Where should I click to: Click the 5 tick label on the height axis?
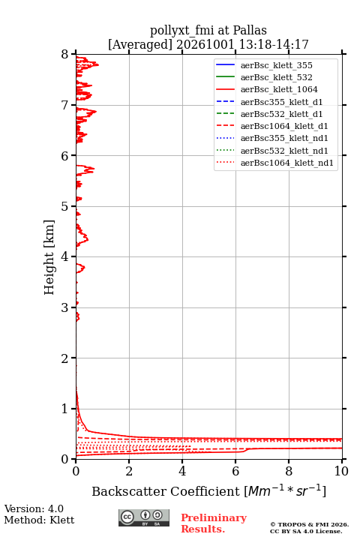tap(65, 206)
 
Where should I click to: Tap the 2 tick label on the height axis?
tap(65, 358)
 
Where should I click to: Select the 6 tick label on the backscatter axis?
tap(235, 471)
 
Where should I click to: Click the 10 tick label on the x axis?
tap(341, 471)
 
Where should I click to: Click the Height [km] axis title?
tap(49, 257)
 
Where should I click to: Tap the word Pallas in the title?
tap(250, 30)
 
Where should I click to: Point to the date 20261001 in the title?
tap(205, 44)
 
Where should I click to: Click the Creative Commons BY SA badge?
tap(144, 517)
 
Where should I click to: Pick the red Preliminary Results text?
tap(214, 523)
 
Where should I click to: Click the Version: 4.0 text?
tap(34, 508)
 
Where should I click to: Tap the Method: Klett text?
tap(39, 520)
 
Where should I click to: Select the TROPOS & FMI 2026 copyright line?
tap(310, 524)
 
